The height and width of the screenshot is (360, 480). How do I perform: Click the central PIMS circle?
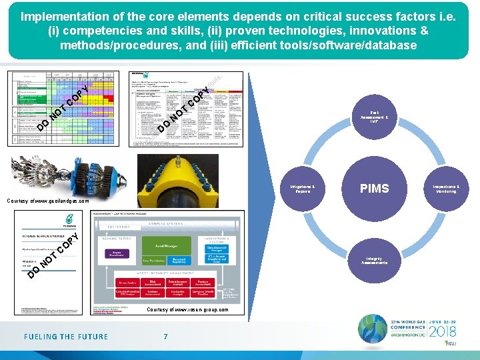click(x=374, y=189)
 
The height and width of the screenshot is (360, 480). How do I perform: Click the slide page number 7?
click(x=166, y=337)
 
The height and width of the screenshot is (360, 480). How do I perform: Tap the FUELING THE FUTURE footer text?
click(x=66, y=337)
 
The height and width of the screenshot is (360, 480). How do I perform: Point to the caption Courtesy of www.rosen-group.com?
click(x=187, y=309)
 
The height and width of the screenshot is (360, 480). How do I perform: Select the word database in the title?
click(x=388, y=45)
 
